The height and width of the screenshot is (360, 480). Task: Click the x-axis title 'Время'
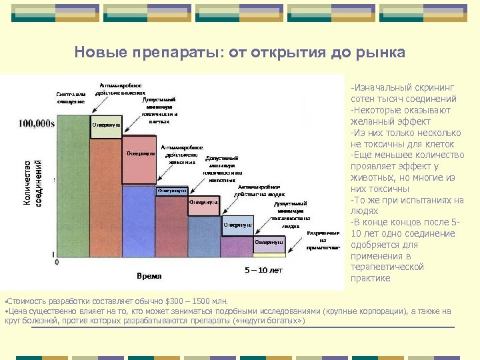coord(149,275)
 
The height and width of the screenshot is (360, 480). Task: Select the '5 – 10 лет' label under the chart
coord(263,271)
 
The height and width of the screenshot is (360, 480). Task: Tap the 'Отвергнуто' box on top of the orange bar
coord(105,125)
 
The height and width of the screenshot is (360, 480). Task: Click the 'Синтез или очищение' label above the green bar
coord(70,97)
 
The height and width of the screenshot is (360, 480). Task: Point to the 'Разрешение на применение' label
coord(317,240)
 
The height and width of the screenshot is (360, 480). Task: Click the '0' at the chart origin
coord(56,263)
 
